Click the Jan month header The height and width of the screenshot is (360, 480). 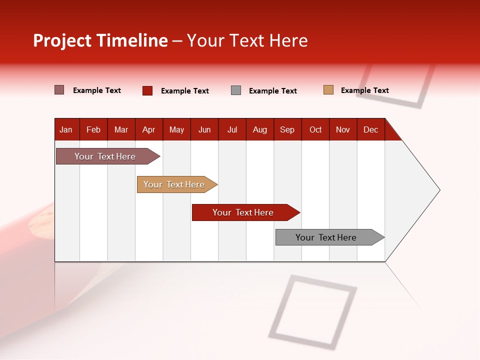(x=66, y=129)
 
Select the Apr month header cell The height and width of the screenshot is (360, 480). (x=149, y=129)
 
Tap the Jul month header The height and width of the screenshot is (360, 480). (x=232, y=129)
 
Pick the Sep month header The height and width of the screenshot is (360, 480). (x=287, y=129)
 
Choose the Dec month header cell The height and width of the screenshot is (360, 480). (x=371, y=129)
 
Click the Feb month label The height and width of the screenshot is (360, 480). (x=93, y=129)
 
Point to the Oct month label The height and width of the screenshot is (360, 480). (x=315, y=129)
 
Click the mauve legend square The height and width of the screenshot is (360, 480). (x=59, y=90)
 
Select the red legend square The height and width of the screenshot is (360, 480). (x=147, y=90)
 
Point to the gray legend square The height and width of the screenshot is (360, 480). (x=236, y=90)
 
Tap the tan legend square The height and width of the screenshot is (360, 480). (x=328, y=90)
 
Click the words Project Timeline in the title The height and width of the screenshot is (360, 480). (x=100, y=40)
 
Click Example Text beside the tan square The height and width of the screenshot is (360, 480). (x=364, y=90)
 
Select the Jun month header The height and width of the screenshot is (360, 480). (x=204, y=129)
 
